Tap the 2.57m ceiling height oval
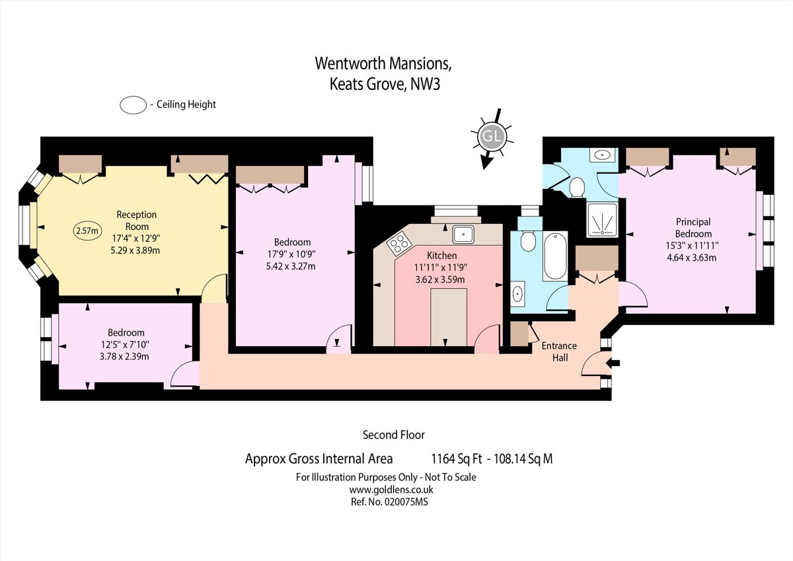tap(88, 231)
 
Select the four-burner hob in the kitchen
tap(399, 244)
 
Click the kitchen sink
tap(463, 233)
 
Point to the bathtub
tap(554, 256)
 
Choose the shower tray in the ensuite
tap(602, 219)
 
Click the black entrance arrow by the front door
tap(613, 362)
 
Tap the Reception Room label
tap(137, 219)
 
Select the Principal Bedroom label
tap(693, 228)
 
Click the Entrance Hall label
tap(558, 352)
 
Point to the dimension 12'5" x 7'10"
tap(126, 344)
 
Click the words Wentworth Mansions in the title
tap(383, 63)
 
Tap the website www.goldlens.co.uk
tap(391, 490)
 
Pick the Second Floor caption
tap(393, 435)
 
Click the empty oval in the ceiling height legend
tap(133, 104)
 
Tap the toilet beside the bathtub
tap(527, 241)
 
